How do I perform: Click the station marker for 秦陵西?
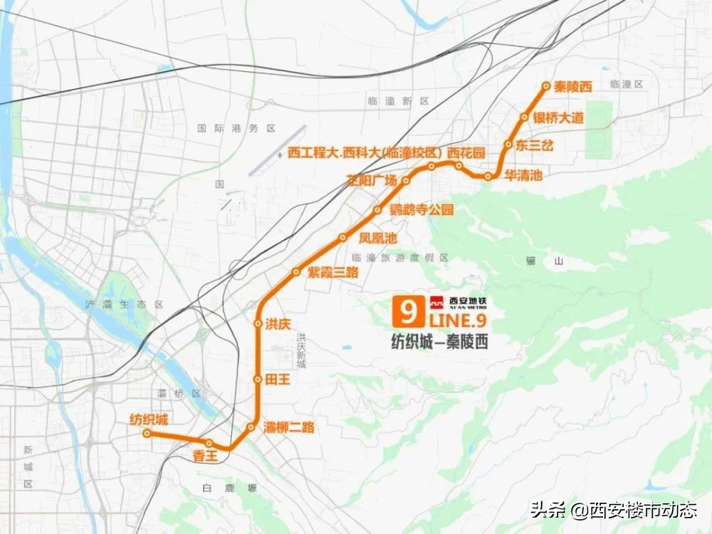(546, 86)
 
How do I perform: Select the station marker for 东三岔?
(508, 145)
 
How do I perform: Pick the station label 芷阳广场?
(371, 180)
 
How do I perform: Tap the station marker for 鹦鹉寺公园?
(378, 210)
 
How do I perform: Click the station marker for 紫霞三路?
(296, 271)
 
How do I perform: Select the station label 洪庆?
(278, 324)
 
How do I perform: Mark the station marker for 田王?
(258, 379)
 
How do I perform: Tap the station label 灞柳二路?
(288, 428)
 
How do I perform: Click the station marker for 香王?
(209, 444)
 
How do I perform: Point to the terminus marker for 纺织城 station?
(146, 433)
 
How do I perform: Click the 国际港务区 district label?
(236, 129)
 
